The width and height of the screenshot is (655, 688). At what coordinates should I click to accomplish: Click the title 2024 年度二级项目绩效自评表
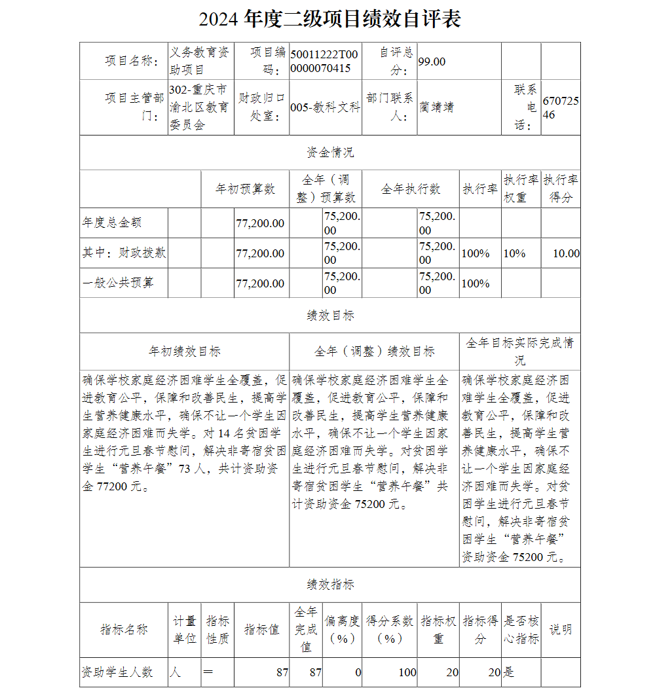click(x=329, y=18)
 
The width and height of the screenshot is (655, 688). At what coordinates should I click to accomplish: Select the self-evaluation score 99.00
click(x=432, y=62)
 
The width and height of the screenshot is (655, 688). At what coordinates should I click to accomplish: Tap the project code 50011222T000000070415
click(x=324, y=62)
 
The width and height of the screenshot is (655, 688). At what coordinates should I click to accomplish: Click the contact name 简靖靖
click(x=437, y=107)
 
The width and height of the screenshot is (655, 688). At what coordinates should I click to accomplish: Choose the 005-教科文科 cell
click(x=325, y=107)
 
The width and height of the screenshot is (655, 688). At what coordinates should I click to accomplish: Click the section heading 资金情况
click(x=330, y=153)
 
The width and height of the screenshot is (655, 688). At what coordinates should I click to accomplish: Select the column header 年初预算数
click(x=246, y=189)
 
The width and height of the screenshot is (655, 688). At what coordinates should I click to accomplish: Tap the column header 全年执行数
click(x=411, y=189)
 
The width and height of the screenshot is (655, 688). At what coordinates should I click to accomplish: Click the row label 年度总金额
click(x=112, y=223)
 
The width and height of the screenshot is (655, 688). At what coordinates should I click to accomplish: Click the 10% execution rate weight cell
click(x=514, y=253)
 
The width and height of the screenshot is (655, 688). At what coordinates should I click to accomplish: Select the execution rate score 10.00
click(x=566, y=253)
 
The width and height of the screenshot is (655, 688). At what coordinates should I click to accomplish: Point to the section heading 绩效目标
click(x=330, y=316)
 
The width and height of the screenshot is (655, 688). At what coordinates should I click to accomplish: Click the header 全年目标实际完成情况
click(x=519, y=352)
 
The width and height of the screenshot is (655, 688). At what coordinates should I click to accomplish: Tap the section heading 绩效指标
click(x=330, y=585)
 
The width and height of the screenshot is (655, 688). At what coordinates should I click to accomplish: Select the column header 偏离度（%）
click(x=342, y=630)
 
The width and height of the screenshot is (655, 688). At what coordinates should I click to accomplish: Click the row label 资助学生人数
click(x=117, y=672)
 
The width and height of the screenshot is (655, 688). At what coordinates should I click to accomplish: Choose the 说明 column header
click(x=560, y=630)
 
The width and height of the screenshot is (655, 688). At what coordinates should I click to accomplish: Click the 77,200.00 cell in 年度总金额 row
click(x=261, y=223)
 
